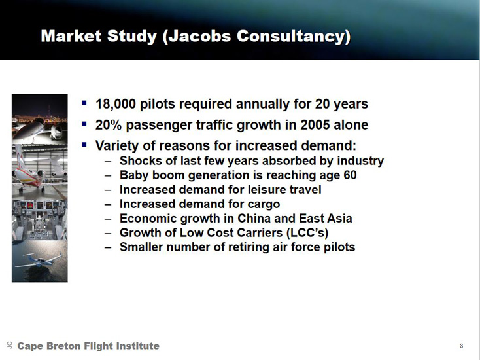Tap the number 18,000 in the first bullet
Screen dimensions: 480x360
point(115,104)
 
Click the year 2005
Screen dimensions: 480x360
point(315,125)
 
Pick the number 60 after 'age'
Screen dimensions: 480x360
point(350,175)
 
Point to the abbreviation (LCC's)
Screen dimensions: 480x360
point(307,233)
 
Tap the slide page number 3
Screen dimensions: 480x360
point(461,346)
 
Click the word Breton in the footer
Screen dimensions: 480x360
point(63,346)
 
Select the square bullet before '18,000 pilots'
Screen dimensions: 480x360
point(84,103)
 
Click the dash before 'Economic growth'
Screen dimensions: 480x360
point(108,219)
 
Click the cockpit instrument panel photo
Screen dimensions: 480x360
point(39,220)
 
